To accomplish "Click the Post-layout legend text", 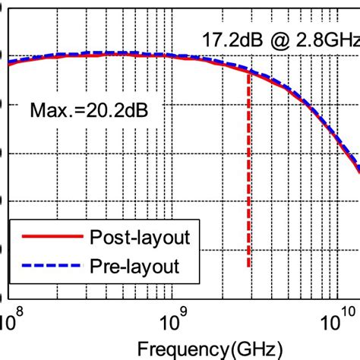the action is [140, 238].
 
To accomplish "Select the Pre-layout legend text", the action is [134, 267].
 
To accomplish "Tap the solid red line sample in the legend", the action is [52, 236].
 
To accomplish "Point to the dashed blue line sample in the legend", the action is [52, 265].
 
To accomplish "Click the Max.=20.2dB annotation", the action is [89, 110].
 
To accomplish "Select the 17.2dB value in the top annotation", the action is [232, 40].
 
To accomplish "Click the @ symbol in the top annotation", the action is [279, 40].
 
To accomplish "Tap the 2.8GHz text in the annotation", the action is [328, 40].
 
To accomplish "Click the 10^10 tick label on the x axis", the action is [338, 320].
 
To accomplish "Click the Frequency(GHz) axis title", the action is [210, 349].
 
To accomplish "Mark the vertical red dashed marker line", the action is [248, 170].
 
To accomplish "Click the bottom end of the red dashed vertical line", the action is [248, 267].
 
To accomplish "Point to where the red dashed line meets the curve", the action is [248, 73].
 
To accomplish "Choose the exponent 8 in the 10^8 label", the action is [20, 312].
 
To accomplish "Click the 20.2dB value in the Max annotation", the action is [117, 110].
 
